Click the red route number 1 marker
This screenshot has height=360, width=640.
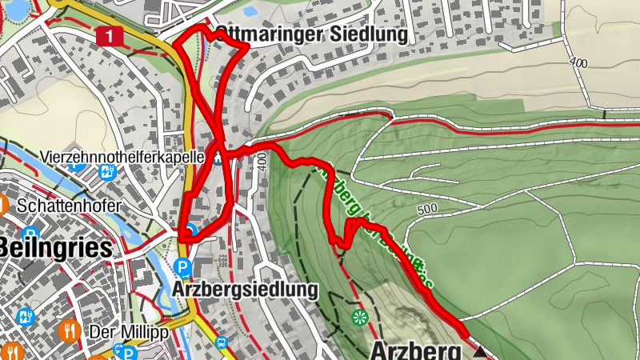[x=110, y=35]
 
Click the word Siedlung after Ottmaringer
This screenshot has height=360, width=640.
[x=370, y=35]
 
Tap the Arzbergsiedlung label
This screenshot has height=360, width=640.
[x=245, y=288]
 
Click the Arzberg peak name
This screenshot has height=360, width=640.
[x=416, y=350]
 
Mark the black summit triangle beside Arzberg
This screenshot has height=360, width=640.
[x=478, y=351]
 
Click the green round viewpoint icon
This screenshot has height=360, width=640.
[x=359, y=317]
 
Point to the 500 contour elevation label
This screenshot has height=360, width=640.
[x=428, y=210]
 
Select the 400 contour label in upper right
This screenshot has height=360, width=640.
[x=579, y=62]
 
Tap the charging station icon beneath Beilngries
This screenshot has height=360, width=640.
[x=25, y=317]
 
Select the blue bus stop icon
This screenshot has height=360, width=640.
[x=220, y=342]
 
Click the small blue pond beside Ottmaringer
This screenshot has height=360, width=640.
[x=250, y=11]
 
